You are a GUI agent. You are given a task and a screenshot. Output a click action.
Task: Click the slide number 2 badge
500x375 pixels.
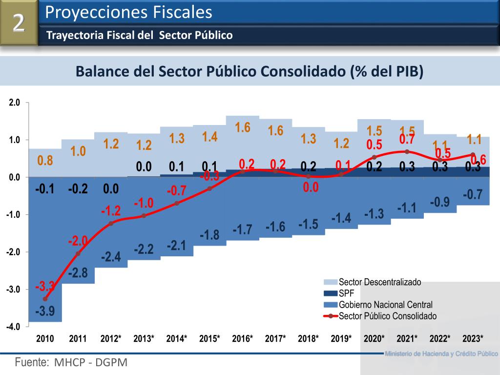[19, 23]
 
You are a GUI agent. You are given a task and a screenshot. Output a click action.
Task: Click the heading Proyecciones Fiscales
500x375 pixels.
[128, 13]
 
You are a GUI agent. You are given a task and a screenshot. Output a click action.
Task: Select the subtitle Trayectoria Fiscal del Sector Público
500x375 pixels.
[139, 35]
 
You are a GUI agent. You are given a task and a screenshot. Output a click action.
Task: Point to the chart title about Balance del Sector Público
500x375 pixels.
[249, 71]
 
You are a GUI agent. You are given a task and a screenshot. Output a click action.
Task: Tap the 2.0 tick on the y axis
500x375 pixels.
[14, 103]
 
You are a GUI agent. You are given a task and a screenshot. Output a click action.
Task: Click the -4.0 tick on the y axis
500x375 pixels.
[13, 327]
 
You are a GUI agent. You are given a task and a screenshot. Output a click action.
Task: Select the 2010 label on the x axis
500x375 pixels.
[45, 338]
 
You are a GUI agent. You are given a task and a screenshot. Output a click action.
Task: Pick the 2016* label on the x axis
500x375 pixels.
[243, 338]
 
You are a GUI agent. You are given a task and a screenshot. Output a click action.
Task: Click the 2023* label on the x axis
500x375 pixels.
[473, 338]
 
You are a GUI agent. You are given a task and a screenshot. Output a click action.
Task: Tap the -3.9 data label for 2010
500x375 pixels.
[45, 311]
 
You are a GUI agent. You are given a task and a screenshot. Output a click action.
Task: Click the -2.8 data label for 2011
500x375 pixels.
[78, 273]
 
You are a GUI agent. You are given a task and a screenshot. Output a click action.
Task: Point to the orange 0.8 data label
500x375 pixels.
[45, 161]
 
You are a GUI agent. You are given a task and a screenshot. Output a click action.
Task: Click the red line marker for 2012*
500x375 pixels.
[111, 223]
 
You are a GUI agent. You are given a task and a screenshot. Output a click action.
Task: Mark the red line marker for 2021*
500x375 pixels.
[407, 151]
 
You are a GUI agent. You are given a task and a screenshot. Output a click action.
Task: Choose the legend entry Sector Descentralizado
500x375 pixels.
[379, 282]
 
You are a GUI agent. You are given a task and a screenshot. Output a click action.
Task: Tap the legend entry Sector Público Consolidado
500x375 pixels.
[387, 316]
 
